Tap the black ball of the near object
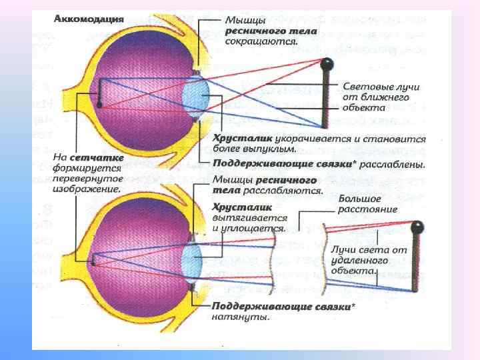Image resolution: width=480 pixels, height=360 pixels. click(x=327, y=65)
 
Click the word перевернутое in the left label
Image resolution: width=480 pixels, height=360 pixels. click(x=87, y=179)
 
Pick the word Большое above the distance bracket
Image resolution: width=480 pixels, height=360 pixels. click(x=360, y=199)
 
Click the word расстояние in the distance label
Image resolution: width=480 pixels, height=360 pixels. click(x=367, y=209)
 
